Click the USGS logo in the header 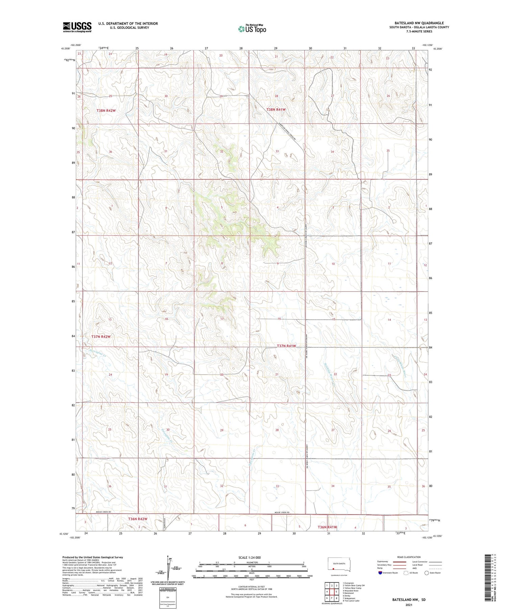point(77,27)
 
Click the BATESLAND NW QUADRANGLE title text point(419,23)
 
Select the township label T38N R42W point(106,110)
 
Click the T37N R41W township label point(286,346)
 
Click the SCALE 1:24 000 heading point(249,557)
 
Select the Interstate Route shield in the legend point(380,573)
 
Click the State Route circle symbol point(427,573)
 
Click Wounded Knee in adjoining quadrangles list point(351,591)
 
